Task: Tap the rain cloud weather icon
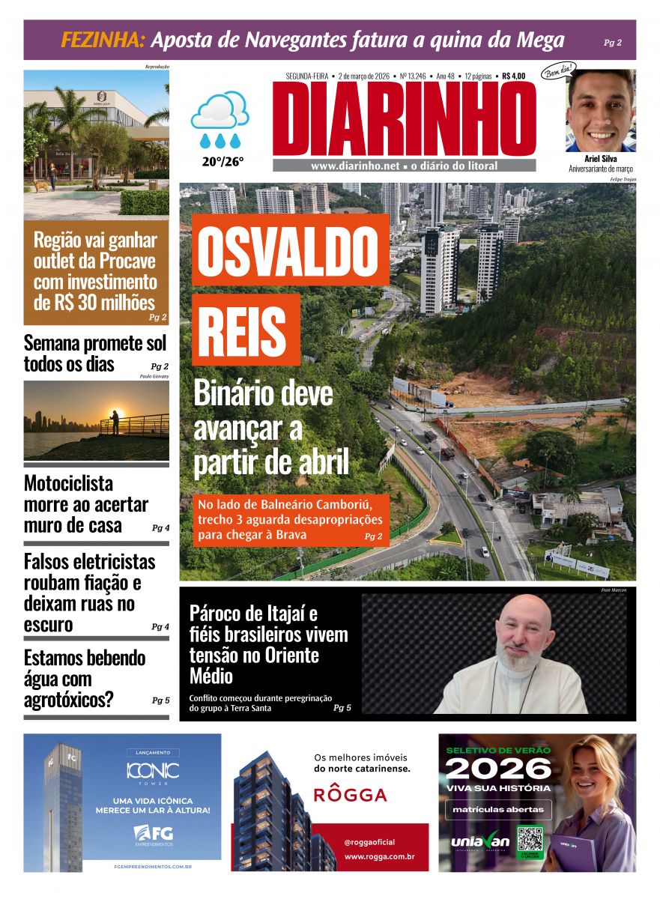pos(219,120)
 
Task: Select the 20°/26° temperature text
pos(222,160)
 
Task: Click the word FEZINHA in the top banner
pos(103,40)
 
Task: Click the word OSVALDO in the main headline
pos(290,249)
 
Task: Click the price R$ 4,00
pos(514,76)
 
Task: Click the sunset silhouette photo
pos(96,420)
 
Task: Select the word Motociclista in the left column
pos(68,483)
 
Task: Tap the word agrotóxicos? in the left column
pos(68,700)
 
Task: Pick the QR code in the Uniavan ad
pos(530,841)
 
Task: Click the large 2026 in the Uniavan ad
pos(498,769)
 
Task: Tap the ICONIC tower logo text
pos(152,770)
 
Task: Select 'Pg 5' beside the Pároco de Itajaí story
pos(342,707)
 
